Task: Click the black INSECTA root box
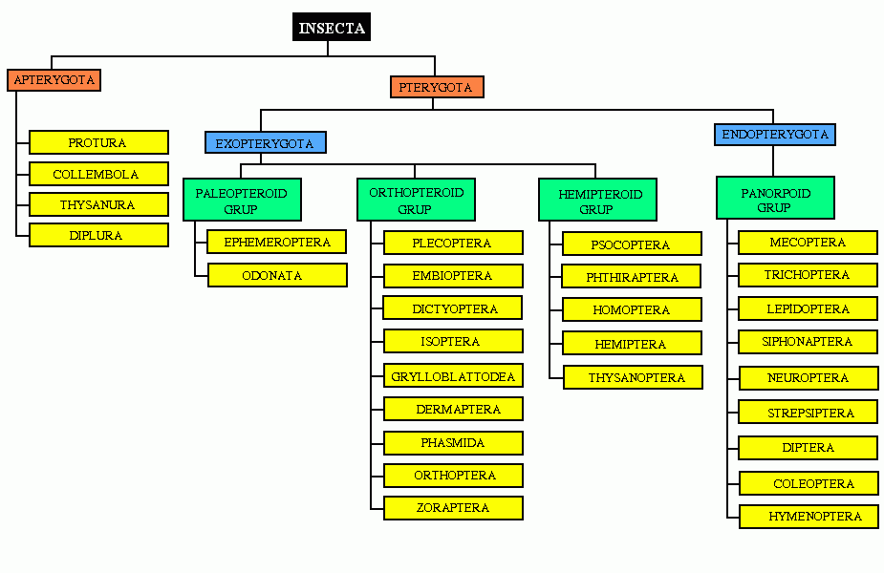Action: coord(332,28)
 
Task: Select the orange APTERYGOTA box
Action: coord(54,80)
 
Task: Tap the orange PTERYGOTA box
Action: coord(437,87)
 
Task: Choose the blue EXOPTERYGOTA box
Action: coord(265,143)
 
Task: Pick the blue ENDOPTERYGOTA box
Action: coord(775,135)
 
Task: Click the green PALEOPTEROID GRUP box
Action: coord(242,201)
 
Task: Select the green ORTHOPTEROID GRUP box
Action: coord(416,201)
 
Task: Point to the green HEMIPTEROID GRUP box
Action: coord(595,201)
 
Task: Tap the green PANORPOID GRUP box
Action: coord(775,200)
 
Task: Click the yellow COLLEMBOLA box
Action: coord(98,175)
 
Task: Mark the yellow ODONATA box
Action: coord(276,275)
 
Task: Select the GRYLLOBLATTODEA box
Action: coord(453,376)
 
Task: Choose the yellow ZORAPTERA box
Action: coord(453,508)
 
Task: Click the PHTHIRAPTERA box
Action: coord(632,278)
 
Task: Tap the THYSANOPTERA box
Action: coord(633,377)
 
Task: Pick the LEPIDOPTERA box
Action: coord(808,309)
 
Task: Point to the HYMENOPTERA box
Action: coord(808,517)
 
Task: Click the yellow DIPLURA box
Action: coord(98,235)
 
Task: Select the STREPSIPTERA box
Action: coord(808,414)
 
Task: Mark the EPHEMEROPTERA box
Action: coord(276,243)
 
